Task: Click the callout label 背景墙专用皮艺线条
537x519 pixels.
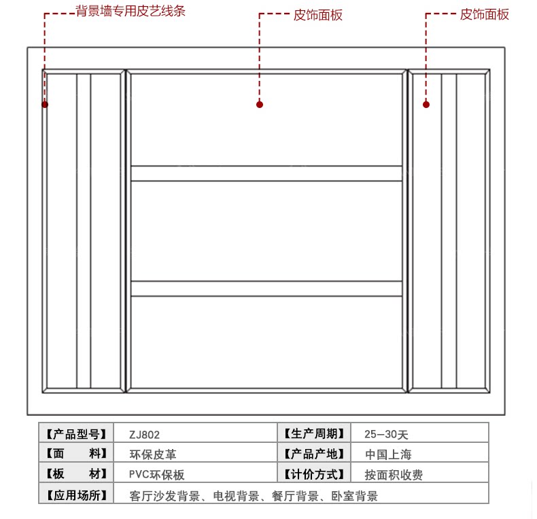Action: coord(131,12)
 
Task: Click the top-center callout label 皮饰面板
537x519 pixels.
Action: coord(318,15)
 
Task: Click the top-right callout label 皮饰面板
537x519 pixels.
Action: coord(484,14)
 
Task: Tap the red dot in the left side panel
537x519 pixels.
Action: coord(45,105)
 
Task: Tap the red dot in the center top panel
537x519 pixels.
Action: coord(260,105)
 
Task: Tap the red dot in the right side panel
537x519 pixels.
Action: coord(426,105)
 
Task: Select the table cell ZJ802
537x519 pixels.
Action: coord(144,434)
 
